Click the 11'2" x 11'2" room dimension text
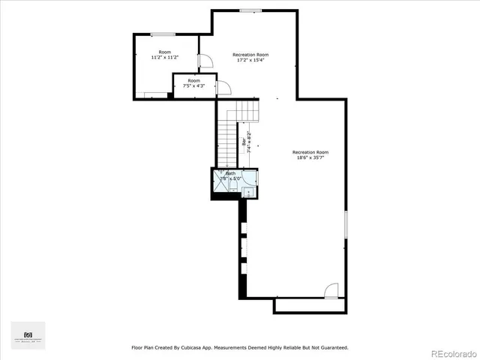164,57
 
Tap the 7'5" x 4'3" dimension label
193,86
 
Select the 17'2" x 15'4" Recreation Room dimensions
250,60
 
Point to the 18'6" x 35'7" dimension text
310,157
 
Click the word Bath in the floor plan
230,173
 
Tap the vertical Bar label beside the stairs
244,140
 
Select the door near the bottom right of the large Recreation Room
331,290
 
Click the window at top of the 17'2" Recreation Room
250,10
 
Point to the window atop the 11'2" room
163,34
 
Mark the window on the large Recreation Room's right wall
346,233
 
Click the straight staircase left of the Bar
227,142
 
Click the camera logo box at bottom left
28,335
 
